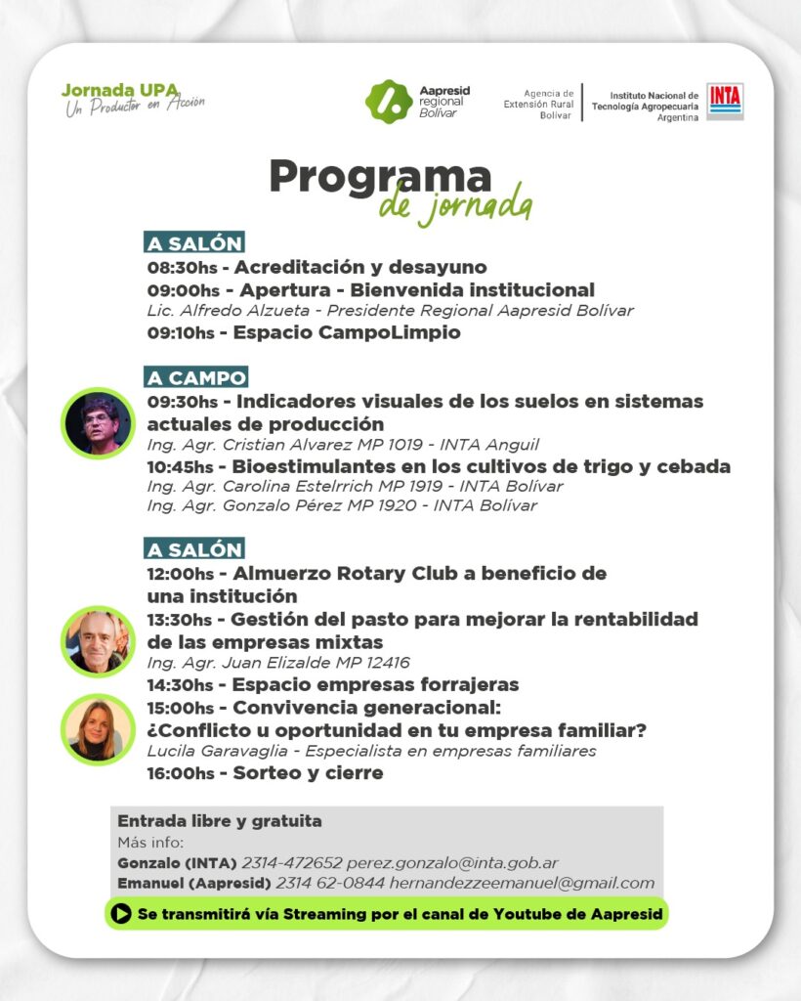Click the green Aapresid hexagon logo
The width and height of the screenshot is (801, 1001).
388,102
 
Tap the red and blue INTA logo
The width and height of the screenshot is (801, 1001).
725,101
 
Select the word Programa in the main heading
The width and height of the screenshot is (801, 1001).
380,176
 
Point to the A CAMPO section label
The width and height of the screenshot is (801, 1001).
196,377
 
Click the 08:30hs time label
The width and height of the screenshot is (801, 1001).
182,268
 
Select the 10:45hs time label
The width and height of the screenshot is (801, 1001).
183,467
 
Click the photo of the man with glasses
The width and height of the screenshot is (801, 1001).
98,423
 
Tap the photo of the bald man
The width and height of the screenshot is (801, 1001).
98,641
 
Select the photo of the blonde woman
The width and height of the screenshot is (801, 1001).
98,729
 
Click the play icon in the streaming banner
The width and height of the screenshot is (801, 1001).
121,914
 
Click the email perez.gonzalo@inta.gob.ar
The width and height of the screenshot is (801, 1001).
452,863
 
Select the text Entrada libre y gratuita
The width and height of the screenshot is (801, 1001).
220,821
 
